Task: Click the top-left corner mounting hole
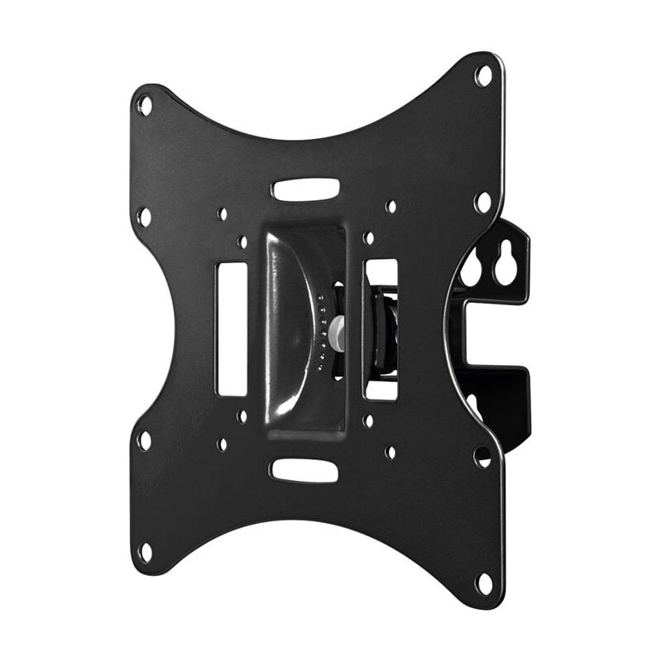145,105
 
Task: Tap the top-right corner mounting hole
483,76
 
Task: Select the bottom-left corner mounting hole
146,552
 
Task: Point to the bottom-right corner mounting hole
484,583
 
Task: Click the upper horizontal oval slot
305,189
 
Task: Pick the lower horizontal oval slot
304,470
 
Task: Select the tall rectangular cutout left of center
232,329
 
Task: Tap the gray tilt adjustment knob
337,332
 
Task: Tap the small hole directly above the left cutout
242,242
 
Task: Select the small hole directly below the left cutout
242,416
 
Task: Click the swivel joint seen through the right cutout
382,329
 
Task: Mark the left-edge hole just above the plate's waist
144,217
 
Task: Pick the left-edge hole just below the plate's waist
144,440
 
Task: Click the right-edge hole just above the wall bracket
482,201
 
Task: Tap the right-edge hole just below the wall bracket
482,456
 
